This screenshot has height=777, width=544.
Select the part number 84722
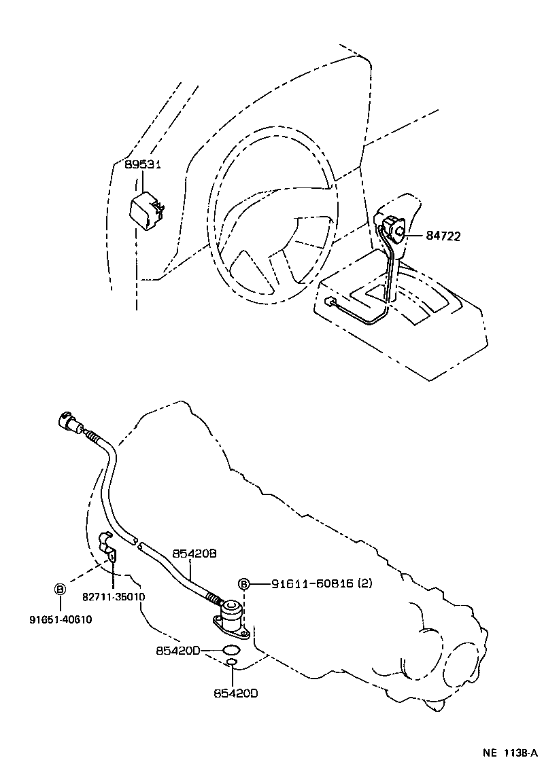pos(443,236)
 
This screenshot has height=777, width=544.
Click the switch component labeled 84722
pos(392,227)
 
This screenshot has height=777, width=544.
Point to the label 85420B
pos(194,554)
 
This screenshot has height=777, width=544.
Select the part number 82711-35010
pos(114,596)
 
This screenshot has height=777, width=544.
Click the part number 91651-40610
pos(61,619)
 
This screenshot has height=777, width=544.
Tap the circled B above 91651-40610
pos(60,588)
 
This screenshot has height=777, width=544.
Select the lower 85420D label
pos(235,693)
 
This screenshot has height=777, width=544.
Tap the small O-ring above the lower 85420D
pos(233,662)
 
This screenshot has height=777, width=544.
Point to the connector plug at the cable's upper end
pos(68,421)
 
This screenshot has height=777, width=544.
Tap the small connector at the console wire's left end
pos(330,301)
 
